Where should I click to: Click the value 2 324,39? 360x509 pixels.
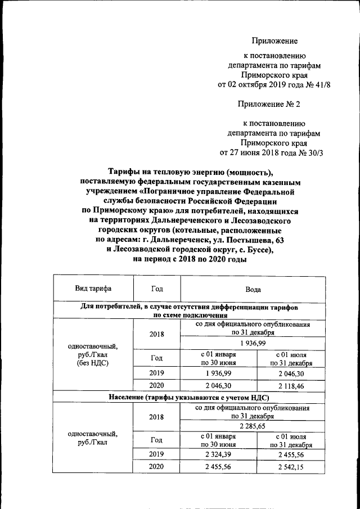[218, 453]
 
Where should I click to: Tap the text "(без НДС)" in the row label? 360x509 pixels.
[93, 364]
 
